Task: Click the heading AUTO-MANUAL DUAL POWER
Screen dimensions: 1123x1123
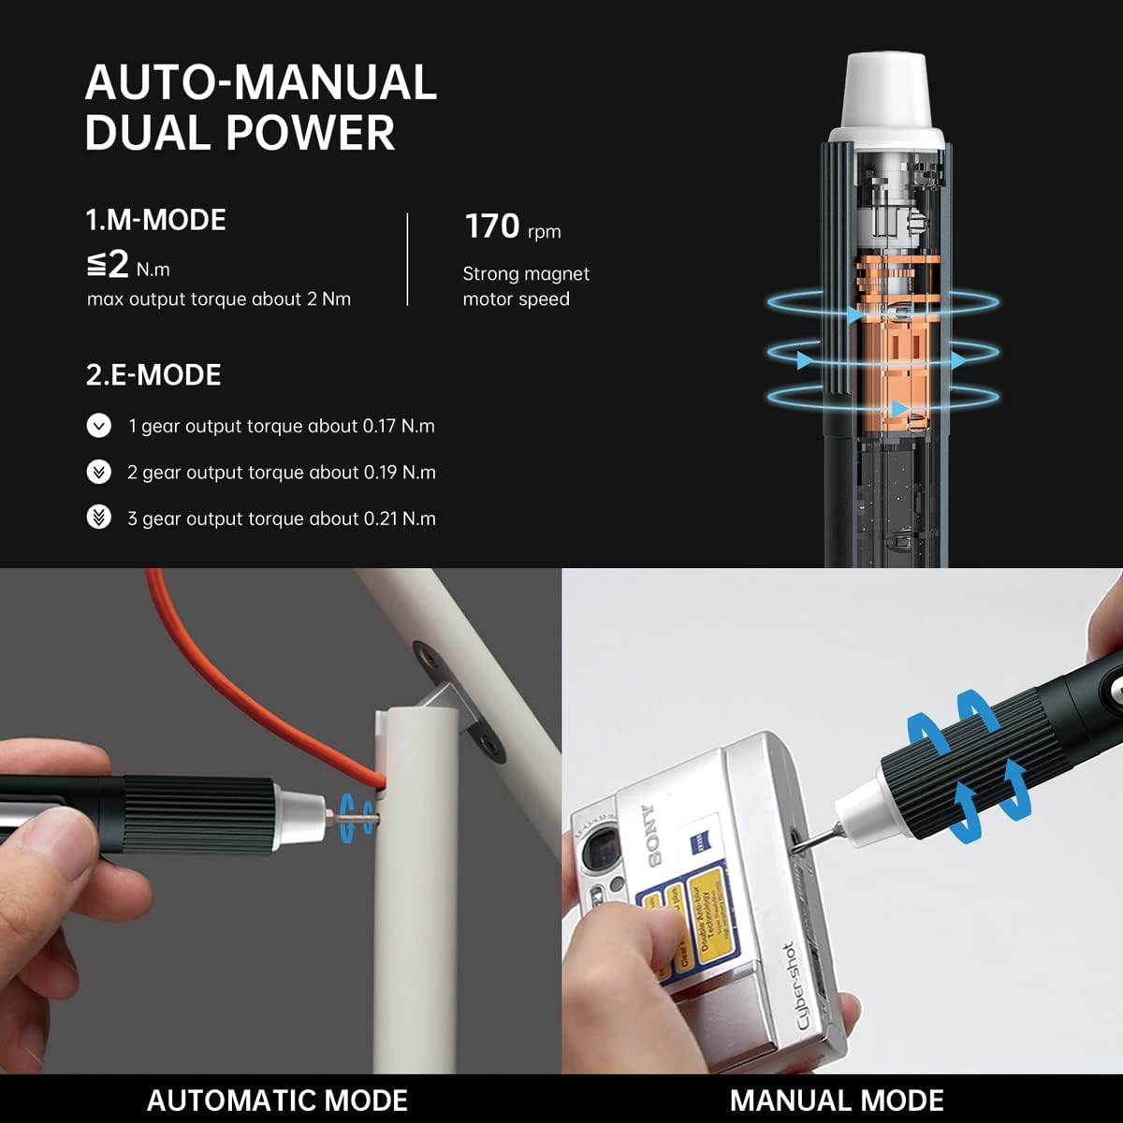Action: click(x=260, y=107)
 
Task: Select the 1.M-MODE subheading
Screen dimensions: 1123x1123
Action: click(x=155, y=220)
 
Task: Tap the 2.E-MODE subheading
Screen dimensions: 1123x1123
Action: click(x=153, y=375)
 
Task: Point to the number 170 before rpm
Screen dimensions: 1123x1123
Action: click(x=492, y=226)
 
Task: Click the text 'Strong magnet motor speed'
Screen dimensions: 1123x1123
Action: click(x=525, y=286)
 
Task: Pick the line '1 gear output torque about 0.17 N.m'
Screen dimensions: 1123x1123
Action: click(x=281, y=426)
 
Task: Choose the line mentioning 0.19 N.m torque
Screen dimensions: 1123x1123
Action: click(x=281, y=473)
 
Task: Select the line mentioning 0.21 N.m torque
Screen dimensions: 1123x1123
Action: click(x=281, y=518)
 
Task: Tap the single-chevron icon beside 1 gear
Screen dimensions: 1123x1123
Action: click(x=98, y=426)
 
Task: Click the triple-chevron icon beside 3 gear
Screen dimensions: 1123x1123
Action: click(x=98, y=517)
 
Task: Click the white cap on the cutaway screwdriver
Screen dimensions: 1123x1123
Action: click(x=886, y=98)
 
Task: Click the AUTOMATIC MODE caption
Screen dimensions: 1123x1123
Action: click(x=277, y=1100)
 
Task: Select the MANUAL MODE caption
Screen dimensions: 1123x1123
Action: click(x=837, y=1100)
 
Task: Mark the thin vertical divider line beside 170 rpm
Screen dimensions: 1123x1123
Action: click(x=408, y=259)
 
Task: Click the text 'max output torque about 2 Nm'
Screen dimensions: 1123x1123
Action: click(x=219, y=299)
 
